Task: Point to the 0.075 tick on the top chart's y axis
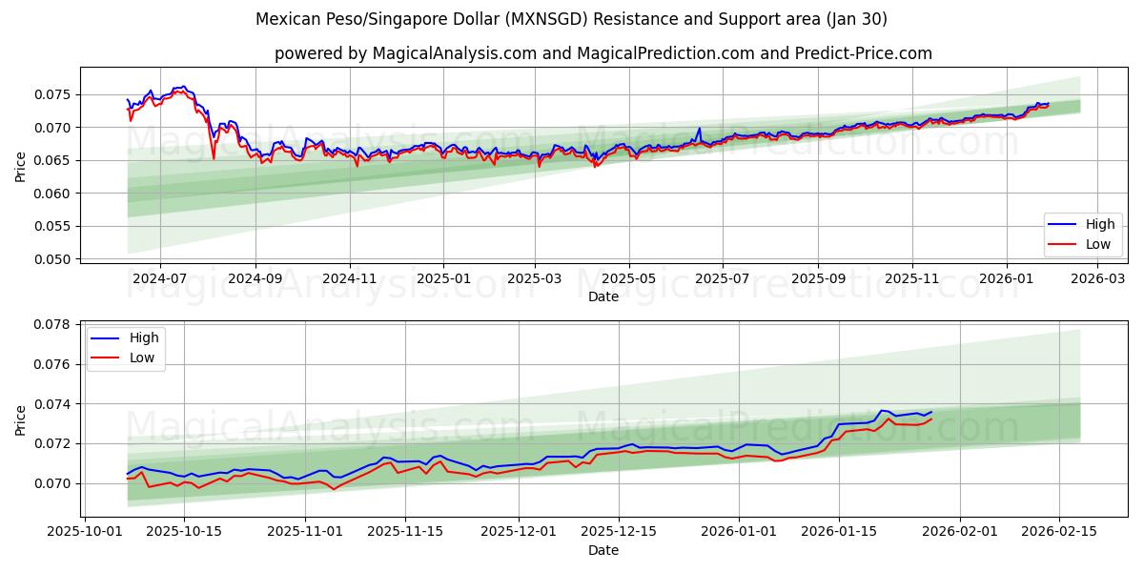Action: (53, 94)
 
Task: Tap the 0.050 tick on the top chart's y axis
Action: (53, 259)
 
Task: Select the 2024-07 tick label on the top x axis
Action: (159, 278)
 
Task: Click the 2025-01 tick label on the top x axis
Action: (443, 278)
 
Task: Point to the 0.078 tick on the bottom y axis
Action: (53, 324)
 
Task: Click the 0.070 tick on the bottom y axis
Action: (53, 483)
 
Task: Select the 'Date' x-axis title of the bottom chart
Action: (603, 550)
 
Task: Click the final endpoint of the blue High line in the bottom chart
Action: (931, 412)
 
